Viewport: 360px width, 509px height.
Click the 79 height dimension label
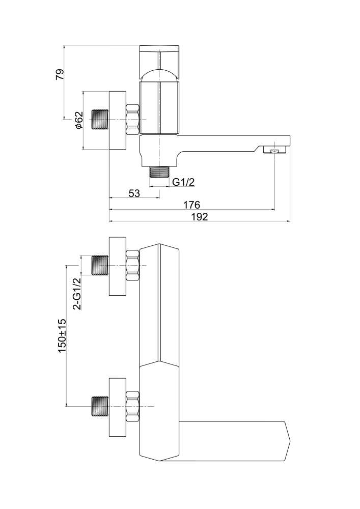coord(60,74)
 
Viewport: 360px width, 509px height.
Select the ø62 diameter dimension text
coord(78,120)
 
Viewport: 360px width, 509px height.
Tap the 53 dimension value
coord(134,193)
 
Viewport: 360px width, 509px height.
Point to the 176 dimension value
coord(191,205)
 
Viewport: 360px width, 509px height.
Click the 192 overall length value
coord(200,217)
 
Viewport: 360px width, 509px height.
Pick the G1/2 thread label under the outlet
coord(184,182)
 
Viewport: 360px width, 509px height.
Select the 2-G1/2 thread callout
coord(77,294)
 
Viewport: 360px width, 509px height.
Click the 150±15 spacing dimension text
coord(62,336)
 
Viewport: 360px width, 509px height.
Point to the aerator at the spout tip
coord(274,150)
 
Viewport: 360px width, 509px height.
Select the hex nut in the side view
coord(132,120)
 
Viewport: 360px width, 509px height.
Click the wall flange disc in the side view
coord(117,121)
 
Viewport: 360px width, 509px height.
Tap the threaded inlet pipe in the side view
coord(99,120)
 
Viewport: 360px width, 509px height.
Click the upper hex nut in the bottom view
coord(132,265)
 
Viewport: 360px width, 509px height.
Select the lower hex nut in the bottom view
coord(132,406)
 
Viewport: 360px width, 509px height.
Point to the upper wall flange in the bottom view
coord(117,265)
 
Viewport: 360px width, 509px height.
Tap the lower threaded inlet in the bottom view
coord(99,406)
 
